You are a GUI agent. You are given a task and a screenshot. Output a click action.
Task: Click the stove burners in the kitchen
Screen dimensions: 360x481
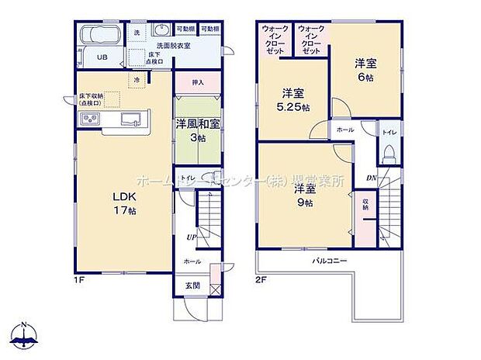89,118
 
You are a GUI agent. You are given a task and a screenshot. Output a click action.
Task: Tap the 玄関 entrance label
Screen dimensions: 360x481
192,285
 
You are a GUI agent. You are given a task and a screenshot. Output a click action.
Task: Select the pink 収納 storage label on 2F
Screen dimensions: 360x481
365,205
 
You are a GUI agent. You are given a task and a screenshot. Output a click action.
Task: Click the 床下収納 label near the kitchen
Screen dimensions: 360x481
91,99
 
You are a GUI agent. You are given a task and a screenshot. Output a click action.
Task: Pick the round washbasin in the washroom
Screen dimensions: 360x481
162,31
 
